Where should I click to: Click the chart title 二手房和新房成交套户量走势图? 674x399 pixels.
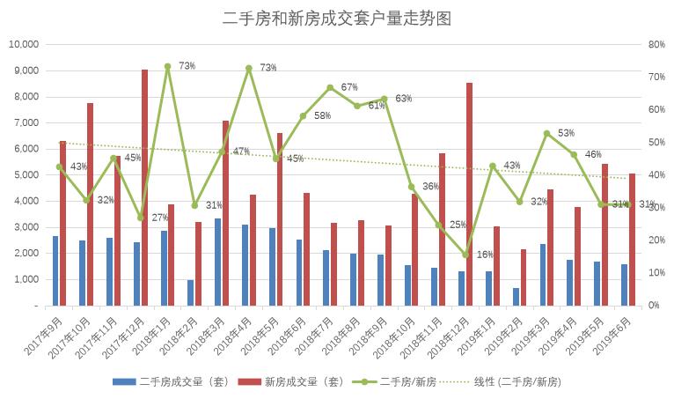click(337, 18)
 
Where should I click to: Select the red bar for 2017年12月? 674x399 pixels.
click(144, 188)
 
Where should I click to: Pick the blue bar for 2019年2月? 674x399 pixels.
click(516, 297)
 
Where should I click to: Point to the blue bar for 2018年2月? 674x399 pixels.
click(191, 293)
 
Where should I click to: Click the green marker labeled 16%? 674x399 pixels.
click(465, 255)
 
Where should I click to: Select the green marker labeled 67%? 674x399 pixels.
click(330, 87)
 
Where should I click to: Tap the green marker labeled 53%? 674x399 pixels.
click(546, 133)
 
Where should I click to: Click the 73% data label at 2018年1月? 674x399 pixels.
click(187, 66)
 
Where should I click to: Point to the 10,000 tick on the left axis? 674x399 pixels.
click(24, 45)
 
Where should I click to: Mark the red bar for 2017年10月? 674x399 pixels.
click(90, 204)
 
